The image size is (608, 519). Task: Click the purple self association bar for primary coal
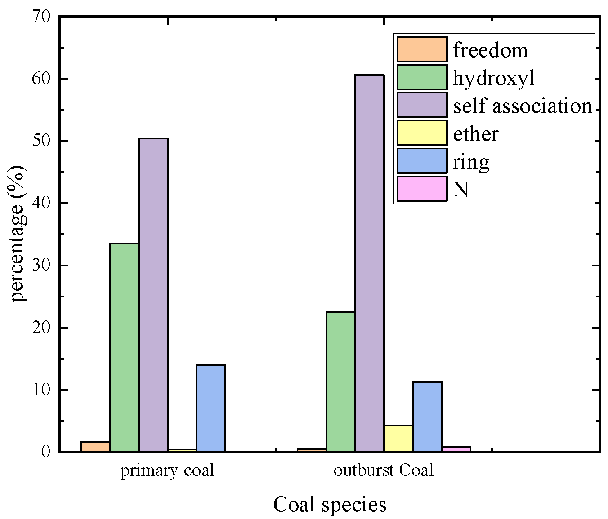pyautogui.click(x=153, y=295)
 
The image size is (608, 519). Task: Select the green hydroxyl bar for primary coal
pyautogui.click(x=124, y=347)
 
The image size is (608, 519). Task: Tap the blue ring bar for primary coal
pyautogui.click(x=211, y=408)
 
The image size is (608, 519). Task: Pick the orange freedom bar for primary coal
pyautogui.click(x=95, y=447)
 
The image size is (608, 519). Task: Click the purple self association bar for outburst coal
pyautogui.click(x=370, y=263)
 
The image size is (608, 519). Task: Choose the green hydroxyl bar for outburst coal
pyautogui.click(x=340, y=381)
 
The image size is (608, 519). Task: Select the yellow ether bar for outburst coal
pyautogui.click(x=398, y=438)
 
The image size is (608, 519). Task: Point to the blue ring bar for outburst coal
pyautogui.click(x=427, y=417)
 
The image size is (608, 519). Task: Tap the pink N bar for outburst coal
pyautogui.click(x=456, y=449)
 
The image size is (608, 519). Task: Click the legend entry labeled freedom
pyautogui.click(x=490, y=50)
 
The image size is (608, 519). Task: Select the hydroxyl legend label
pyautogui.click(x=494, y=78)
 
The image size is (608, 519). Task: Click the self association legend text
pyautogui.click(x=523, y=106)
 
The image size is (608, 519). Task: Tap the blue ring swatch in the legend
pyautogui.click(x=422, y=161)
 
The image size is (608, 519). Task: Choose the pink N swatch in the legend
pyautogui.click(x=422, y=189)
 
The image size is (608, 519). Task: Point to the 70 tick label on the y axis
pyautogui.click(x=41, y=17)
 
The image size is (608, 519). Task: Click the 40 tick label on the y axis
pyautogui.click(x=41, y=203)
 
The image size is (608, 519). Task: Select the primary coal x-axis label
pyautogui.click(x=167, y=470)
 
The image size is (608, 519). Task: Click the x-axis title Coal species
pyautogui.click(x=330, y=504)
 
